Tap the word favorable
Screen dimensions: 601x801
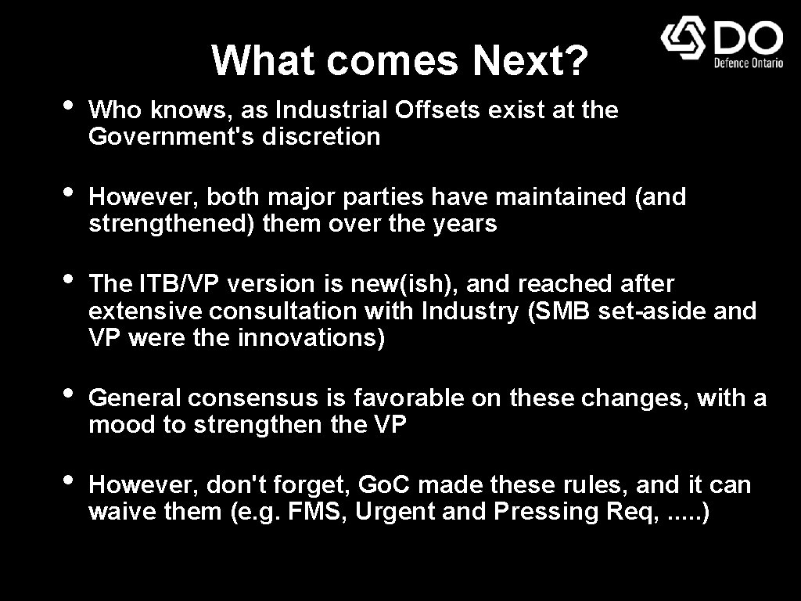[x=410, y=398]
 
